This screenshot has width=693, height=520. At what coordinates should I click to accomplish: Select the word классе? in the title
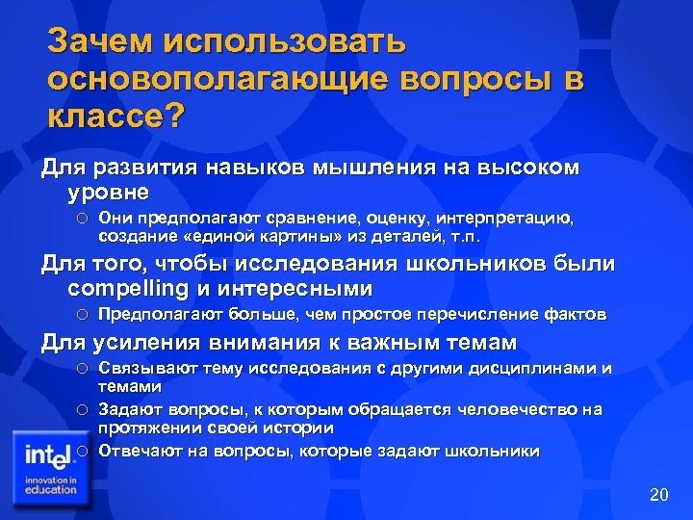tap(115, 119)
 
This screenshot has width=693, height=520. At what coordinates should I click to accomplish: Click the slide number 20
tap(658, 495)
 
